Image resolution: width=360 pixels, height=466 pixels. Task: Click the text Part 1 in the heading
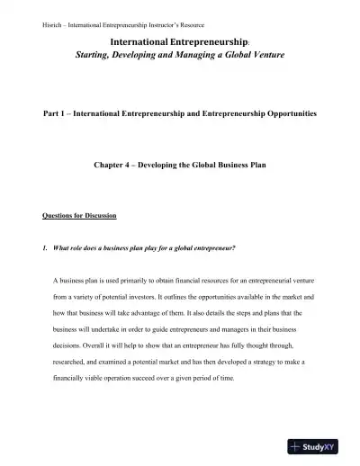59,117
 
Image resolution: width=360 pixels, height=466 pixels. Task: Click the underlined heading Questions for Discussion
78,216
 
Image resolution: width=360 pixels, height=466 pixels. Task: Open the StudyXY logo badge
321,445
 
